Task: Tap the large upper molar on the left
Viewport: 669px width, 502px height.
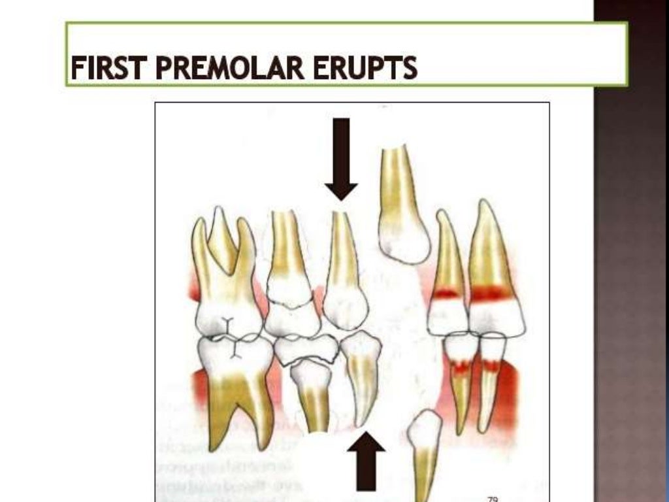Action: (x=225, y=281)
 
